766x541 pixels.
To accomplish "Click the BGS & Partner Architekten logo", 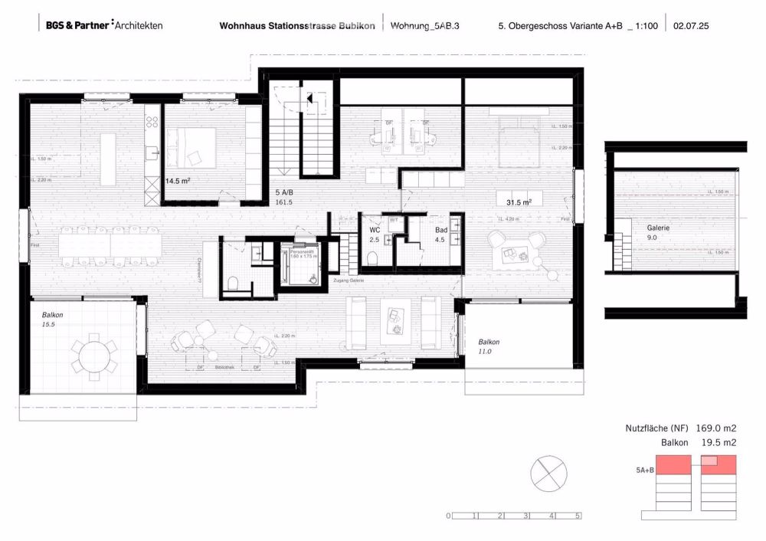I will tap(103, 25).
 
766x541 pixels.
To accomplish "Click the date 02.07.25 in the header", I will tap(692, 25).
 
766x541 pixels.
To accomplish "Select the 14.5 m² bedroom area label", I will tap(178, 182).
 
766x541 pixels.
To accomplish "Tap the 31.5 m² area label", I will tap(519, 202).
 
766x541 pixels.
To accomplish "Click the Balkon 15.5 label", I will tap(51, 320).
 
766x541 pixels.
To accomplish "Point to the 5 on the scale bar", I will tap(578, 516).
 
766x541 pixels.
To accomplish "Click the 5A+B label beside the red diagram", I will tap(644, 470).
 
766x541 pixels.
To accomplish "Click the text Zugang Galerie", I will tap(349, 282).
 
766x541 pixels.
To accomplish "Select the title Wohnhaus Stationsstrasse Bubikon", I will tap(296, 25).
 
